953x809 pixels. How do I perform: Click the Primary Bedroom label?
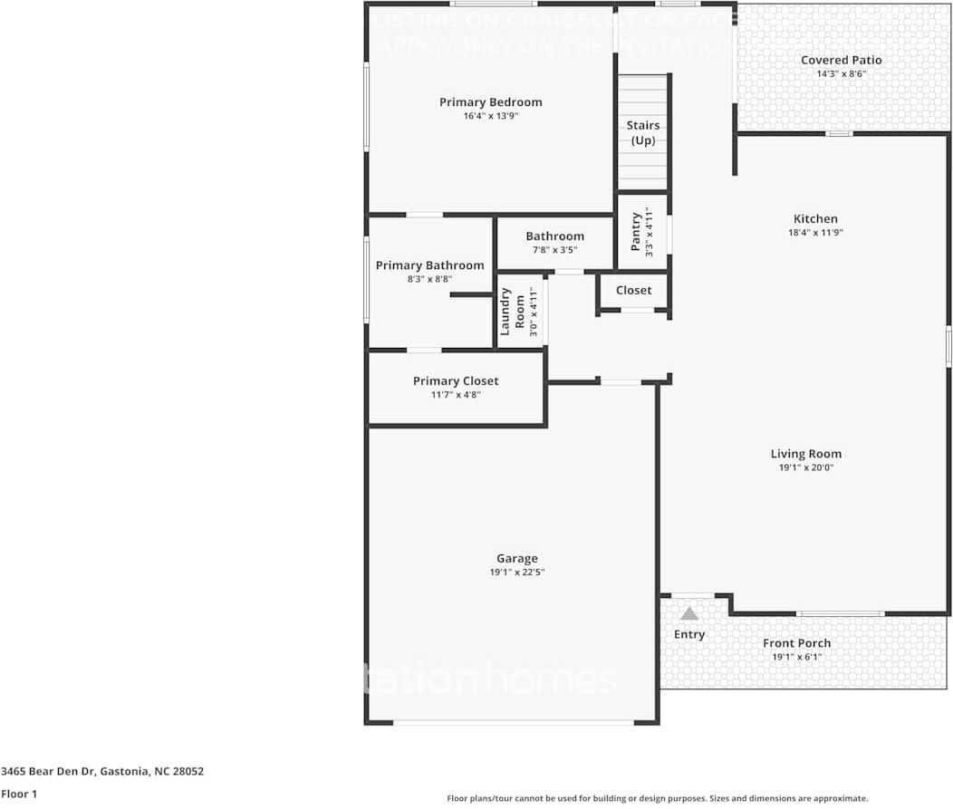pyautogui.click(x=490, y=102)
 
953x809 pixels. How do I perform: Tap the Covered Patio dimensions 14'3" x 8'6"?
pyautogui.click(x=841, y=74)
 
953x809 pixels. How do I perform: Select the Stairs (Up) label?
pyautogui.click(x=643, y=133)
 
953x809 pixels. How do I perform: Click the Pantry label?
pyautogui.click(x=637, y=232)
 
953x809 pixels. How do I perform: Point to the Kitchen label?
pyautogui.click(x=815, y=218)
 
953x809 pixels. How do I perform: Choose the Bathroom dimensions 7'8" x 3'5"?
pyautogui.click(x=554, y=250)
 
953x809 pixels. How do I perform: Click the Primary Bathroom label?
pyautogui.click(x=429, y=265)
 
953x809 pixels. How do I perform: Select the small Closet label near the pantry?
pyautogui.click(x=633, y=291)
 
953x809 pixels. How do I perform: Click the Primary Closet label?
pyautogui.click(x=456, y=381)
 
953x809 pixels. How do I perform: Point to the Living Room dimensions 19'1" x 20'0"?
pyautogui.click(x=806, y=468)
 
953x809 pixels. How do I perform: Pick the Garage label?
pyautogui.click(x=516, y=559)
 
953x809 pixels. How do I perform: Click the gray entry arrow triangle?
pyautogui.click(x=689, y=613)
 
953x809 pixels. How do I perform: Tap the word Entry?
pyautogui.click(x=689, y=635)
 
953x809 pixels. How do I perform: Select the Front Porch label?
pyautogui.click(x=796, y=643)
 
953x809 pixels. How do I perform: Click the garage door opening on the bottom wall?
pyautogui.click(x=513, y=722)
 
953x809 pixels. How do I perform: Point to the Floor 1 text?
pyautogui.click(x=18, y=794)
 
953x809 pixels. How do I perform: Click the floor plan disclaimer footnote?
pyautogui.click(x=657, y=798)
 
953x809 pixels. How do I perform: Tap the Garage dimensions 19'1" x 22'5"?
pyautogui.click(x=516, y=573)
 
